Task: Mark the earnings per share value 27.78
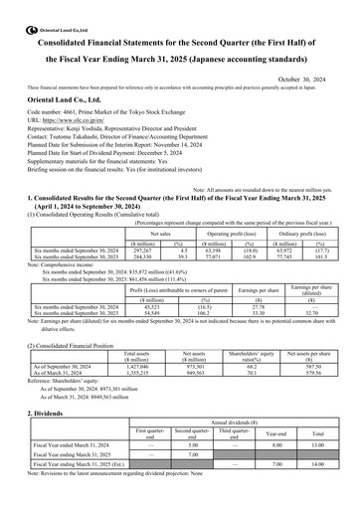pyautogui.click(x=236, y=304)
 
